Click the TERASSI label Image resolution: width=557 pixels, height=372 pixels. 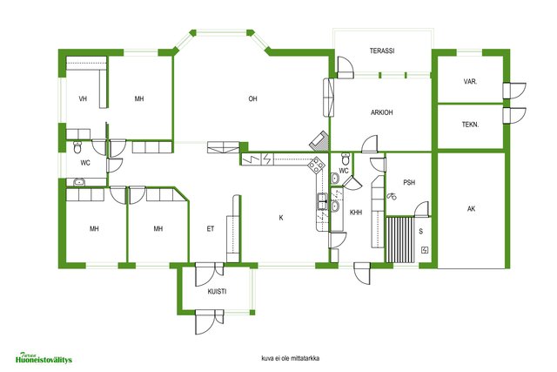382,51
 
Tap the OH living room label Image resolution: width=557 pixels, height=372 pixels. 252,98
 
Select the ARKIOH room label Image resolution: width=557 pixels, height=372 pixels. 382,112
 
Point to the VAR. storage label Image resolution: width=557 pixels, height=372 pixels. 470,81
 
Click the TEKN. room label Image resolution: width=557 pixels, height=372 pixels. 470,125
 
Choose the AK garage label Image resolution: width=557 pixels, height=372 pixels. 471,209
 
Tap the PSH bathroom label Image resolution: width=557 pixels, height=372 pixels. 409,182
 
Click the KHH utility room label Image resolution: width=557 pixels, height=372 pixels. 356,213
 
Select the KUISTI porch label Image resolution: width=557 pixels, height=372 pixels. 217,291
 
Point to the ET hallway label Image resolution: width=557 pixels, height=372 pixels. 211,228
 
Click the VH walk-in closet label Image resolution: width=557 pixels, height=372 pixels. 83,98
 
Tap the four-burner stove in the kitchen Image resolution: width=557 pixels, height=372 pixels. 316,166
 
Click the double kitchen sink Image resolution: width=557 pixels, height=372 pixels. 322,201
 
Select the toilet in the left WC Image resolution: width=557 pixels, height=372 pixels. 77,147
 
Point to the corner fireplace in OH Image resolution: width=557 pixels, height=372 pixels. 319,141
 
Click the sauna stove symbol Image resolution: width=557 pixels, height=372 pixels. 425,250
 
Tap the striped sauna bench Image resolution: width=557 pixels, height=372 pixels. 400,240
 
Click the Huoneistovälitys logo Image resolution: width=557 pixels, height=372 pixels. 44,358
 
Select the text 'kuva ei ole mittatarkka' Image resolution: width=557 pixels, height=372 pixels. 290,358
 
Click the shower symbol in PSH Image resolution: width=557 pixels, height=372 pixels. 392,196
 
